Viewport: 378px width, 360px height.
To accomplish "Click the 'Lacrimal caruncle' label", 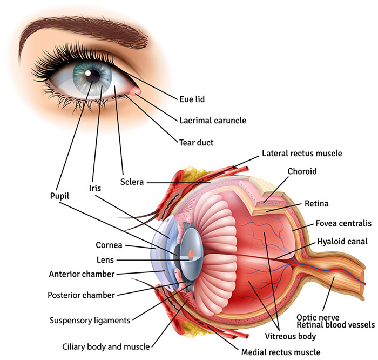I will [x=212, y=121].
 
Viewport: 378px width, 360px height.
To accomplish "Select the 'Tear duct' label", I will [x=197, y=143].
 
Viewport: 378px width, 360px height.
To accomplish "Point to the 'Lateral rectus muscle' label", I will [x=302, y=154].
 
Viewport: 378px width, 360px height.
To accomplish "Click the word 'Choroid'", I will [x=302, y=171].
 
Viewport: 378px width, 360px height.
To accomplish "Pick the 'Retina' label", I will [x=316, y=204].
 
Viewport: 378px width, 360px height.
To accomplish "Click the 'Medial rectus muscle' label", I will [x=280, y=352].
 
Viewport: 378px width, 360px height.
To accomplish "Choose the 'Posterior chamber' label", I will [x=80, y=295].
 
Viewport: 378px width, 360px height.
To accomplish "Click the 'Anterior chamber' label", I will [x=82, y=274].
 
